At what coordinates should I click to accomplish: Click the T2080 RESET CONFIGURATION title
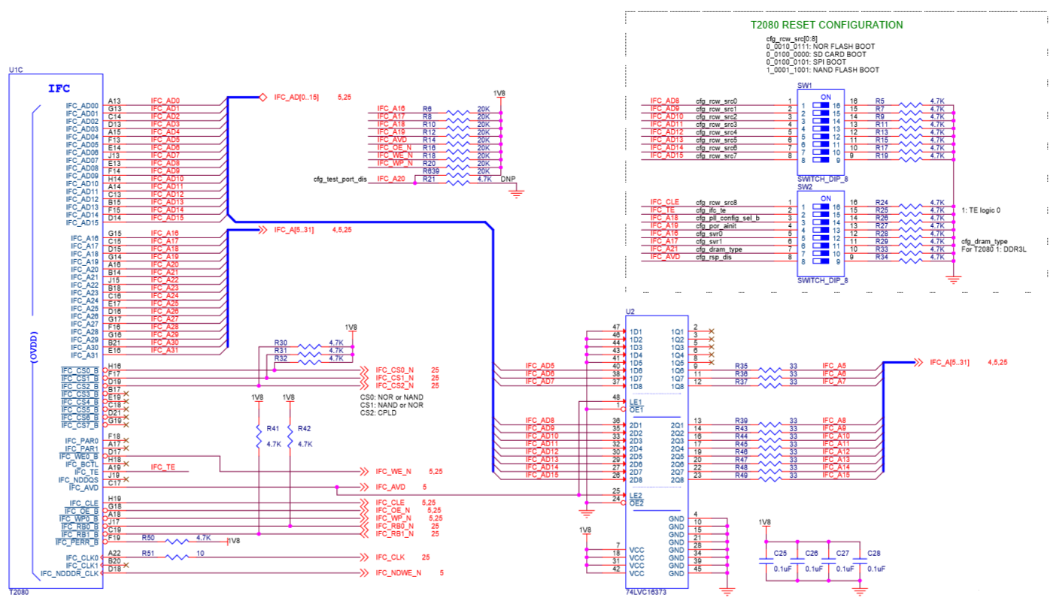point(827,25)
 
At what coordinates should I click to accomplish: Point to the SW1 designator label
point(804,86)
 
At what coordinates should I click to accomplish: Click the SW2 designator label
point(804,187)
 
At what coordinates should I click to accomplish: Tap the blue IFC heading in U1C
point(59,89)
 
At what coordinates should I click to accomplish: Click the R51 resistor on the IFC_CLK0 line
point(178,557)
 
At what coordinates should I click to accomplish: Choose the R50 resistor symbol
point(178,541)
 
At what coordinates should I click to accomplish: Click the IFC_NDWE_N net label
point(398,572)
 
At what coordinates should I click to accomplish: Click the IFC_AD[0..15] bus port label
point(296,98)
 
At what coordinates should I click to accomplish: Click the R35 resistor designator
point(741,366)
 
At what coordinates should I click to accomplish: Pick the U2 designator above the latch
point(630,311)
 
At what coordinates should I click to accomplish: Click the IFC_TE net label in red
point(162,467)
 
